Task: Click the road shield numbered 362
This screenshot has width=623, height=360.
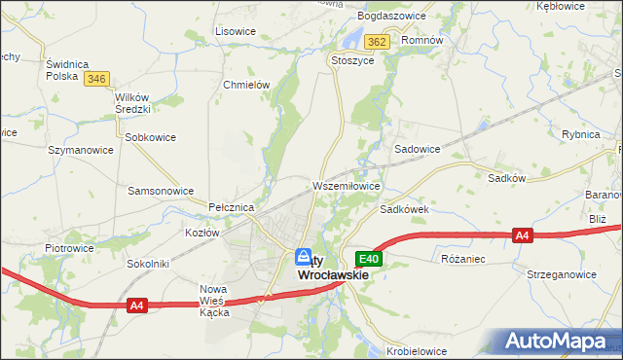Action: pyautogui.click(x=378, y=42)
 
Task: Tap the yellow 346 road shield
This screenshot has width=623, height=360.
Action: pyautogui.click(x=95, y=78)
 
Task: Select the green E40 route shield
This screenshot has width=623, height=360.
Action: pyautogui.click(x=368, y=259)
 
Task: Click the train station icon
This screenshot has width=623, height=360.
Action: pyautogui.click(x=303, y=256)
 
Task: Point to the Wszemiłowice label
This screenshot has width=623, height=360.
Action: pyautogui.click(x=345, y=185)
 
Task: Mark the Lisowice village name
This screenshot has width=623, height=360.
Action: pyautogui.click(x=235, y=31)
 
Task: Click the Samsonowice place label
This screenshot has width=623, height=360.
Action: pyautogui.click(x=161, y=191)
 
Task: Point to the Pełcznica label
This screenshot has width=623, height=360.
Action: pyautogui.click(x=232, y=208)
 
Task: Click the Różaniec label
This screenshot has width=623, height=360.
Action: pyautogui.click(x=462, y=260)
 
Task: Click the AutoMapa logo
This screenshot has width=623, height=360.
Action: pyautogui.click(x=556, y=341)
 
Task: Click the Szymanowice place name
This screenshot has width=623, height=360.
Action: pyautogui.click(x=81, y=150)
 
